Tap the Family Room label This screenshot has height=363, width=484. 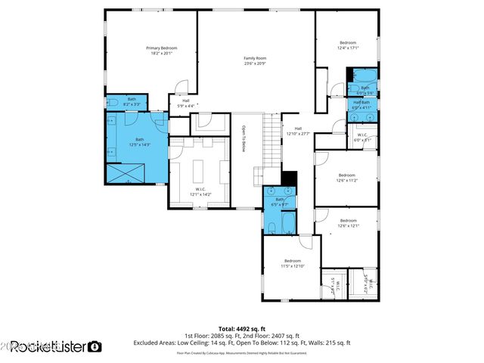[255, 58]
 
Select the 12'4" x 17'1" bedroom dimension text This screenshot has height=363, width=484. [348, 48]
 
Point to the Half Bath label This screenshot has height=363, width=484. [361, 102]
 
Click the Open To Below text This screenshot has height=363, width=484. [244, 138]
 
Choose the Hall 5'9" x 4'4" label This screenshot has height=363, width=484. [185, 103]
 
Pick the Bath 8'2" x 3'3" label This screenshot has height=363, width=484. [132, 101]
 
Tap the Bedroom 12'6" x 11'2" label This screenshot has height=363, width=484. [347, 178]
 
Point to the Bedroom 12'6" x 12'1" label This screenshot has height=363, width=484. [347, 222]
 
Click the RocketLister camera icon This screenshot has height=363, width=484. [95, 347]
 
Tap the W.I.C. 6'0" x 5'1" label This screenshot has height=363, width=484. [362, 138]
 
